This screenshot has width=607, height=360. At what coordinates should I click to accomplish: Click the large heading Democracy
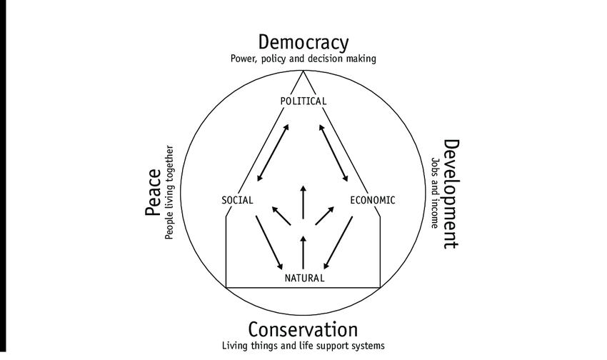point(303,42)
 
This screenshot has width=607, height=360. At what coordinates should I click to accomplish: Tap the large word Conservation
point(303,330)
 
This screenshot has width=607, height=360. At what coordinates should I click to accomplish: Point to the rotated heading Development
point(451,194)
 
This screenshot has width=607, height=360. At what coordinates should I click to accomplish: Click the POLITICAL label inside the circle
point(303,101)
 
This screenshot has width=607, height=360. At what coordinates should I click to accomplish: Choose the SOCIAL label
point(238,200)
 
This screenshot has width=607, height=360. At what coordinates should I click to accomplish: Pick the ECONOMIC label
point(372,200)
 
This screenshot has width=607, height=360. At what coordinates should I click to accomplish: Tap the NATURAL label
point(303,278)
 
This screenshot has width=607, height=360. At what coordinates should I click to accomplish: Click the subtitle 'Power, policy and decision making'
point(303,59)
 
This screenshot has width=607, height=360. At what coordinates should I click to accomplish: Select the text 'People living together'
point(170,194)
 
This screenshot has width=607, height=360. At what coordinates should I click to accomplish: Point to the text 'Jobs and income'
point(434,193)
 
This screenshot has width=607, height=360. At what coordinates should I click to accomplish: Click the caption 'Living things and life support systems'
point(303,345)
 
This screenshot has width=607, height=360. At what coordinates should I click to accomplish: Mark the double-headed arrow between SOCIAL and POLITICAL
point(273,152)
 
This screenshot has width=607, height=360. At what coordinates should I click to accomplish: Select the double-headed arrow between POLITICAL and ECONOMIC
point(333,152)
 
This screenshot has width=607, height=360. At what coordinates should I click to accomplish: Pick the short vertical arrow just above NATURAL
point(303,250)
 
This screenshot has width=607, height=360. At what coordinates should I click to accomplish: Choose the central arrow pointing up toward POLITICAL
point(303,201)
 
